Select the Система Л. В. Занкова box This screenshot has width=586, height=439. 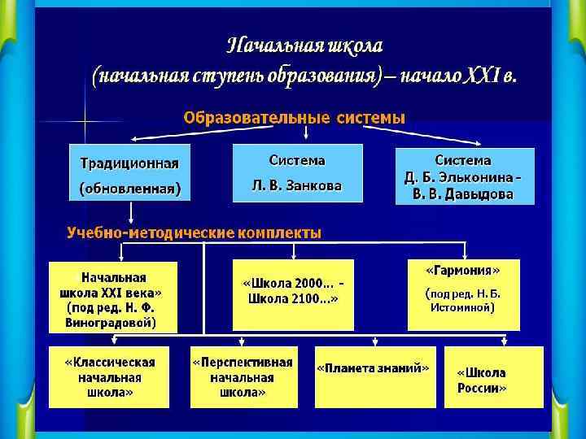coord(296,173)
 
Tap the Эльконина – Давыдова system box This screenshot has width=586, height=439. coord(465,176)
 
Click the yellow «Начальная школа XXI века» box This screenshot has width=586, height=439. coord(113,297)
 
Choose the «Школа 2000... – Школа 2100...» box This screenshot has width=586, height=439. coord(293,294)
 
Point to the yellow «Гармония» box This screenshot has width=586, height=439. coord(463,294)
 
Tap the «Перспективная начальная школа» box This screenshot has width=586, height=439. coord(243,376)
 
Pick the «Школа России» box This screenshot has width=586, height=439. coord(492,376)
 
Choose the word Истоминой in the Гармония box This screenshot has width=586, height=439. coord(463,308)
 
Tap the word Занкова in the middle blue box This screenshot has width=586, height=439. coord(314,185)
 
